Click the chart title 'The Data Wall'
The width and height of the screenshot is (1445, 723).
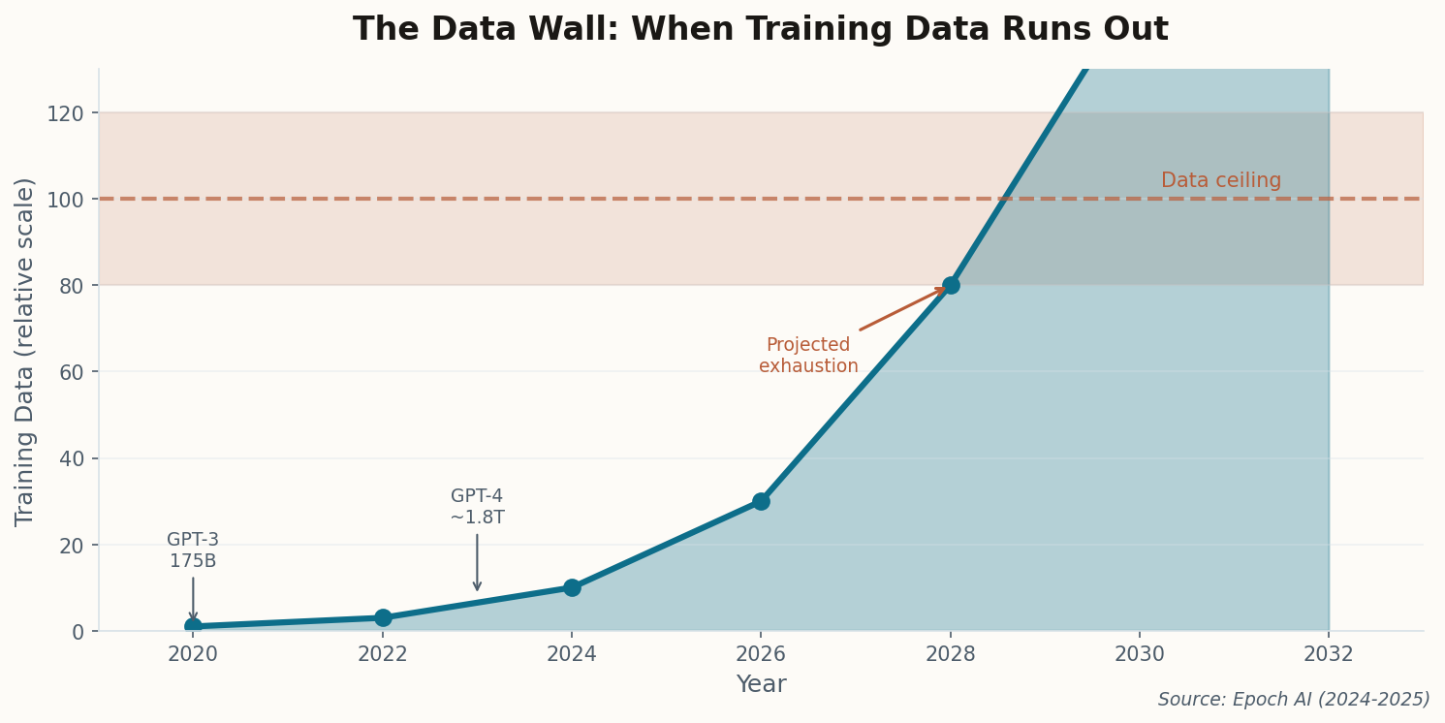760,30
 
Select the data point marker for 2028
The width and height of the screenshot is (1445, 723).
950,285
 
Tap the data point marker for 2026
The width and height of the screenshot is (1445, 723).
761,501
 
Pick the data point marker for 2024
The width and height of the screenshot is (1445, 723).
572,587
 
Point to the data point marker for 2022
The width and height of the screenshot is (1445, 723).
383,617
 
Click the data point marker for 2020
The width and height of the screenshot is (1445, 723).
193,626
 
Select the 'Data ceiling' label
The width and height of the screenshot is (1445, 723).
1220,181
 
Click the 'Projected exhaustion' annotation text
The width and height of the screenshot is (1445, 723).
808,356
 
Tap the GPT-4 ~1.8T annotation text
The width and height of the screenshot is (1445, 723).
477,507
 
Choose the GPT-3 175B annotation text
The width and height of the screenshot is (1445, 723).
193,550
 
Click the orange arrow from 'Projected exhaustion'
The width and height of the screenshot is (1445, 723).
901,309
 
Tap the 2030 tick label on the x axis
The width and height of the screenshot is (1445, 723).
1139,655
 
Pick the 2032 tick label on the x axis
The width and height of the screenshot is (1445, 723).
1328,655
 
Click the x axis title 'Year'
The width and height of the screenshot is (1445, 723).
761,685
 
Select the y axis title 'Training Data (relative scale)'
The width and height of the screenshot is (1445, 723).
25,351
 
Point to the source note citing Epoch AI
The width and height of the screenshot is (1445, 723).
1293,700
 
